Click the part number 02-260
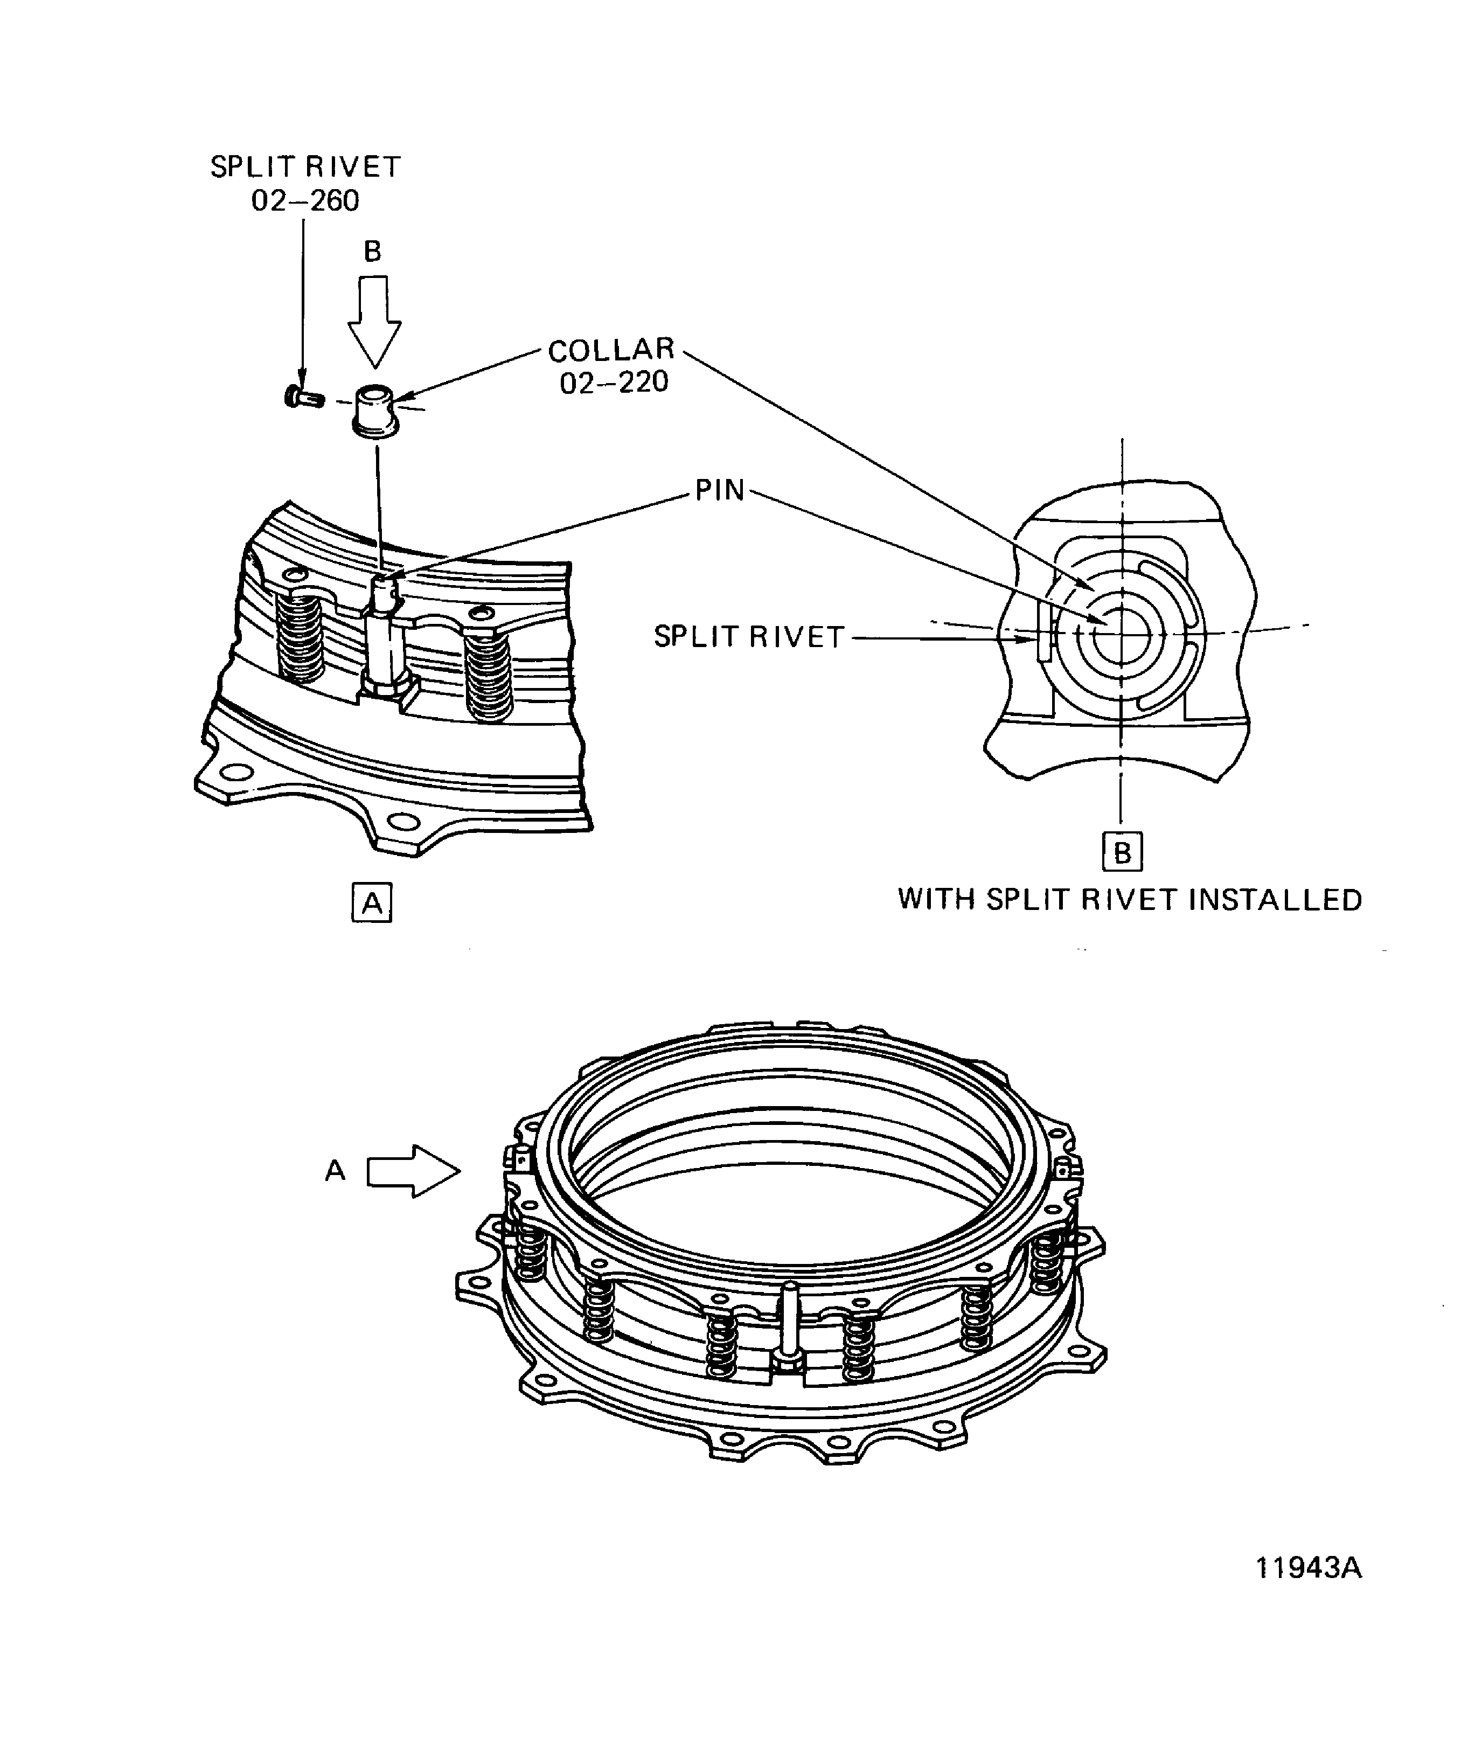(x=305, y=201)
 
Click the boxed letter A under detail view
(x=372, y=904)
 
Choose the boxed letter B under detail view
(x=1122, y=852)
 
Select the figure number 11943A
(x=1309, y=1567)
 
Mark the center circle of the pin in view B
(x=1119, y=634)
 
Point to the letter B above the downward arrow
(x=372, y=251)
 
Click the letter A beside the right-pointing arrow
(x=335, y=1170)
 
